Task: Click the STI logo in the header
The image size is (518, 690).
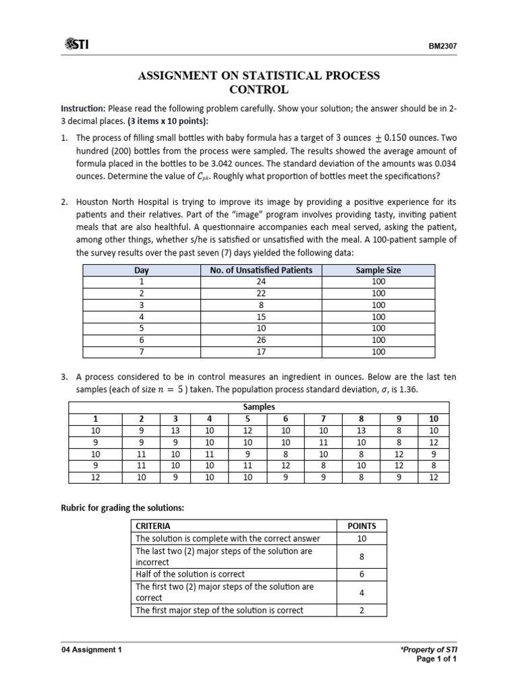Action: [x=77, y=44]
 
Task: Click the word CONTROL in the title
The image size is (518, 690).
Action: [x=259, y=90]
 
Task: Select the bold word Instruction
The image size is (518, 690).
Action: [x=82, y=108]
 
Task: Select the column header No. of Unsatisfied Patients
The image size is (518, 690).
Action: [x=261, y=270]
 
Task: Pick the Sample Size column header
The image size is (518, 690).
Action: [x=378, y=270]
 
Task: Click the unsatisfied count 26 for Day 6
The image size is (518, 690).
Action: [x=261, y=340]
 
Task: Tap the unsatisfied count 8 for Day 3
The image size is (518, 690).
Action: [x=261, y=305]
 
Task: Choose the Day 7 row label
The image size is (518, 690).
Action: [x=142, y=352]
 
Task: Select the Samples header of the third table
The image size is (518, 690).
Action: [x=259, y=408]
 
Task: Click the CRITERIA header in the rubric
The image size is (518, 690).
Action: [x=153, y=526]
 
